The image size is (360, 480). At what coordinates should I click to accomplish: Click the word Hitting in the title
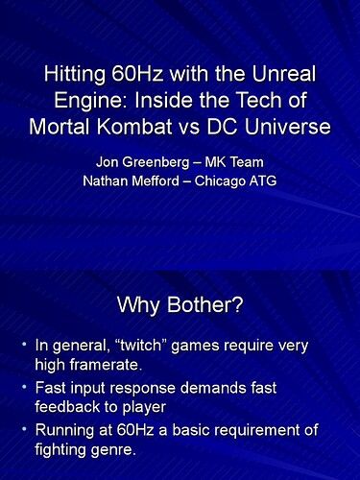click(x=74, y=75)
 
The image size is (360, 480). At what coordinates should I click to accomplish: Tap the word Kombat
click(x=134, y=126)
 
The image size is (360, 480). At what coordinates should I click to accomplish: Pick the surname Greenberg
click(x=156, y=163)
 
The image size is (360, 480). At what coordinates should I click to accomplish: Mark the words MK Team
click(x=234, y=162)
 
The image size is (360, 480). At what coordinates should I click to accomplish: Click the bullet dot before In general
click(x=24, y=345)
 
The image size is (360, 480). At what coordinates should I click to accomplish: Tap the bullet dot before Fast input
click(x=24, y=387)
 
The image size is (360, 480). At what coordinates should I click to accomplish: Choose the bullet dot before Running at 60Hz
click(x=24, y=429)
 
